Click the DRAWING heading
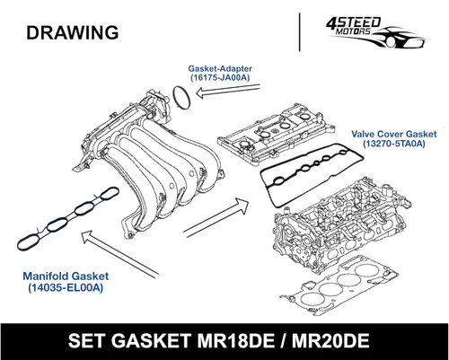tap(73, 32)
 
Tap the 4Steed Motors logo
tap(375, 32)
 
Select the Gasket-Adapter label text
tap(220, 68)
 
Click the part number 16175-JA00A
tap(220, 77)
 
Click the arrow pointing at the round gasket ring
tap(228, 90)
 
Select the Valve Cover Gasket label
tap(394, 134)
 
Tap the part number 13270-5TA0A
tap(394, 144)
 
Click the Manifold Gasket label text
tap(66, 276)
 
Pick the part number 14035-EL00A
tap(66, 287)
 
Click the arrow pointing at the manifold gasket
tap(119, 254)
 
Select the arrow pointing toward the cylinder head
tap(216, 217)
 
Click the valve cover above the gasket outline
tap(277, 135)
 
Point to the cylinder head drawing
tap(341, 224)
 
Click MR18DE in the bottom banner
tap(236, 341)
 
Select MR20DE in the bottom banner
tap(330, 341)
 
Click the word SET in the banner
tap(87, 341)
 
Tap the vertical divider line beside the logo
tap(300, 32)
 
